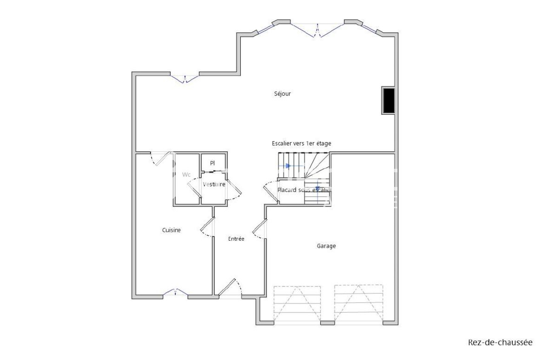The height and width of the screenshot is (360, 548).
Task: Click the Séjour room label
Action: tap(282, 94)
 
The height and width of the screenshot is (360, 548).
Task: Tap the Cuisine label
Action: tap(171, 230)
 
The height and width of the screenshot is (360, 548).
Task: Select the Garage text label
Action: tap(326, 246)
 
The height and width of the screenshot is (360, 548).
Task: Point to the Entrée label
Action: tap(236, 239)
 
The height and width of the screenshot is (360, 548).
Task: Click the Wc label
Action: tap(186, 174)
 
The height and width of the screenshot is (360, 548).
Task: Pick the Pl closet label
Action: tap(212, 163)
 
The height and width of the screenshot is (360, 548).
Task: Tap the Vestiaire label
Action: tap(214, 184)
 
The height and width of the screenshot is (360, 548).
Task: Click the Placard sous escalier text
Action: tap(304, 190)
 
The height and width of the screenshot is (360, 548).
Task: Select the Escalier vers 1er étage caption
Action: tap(301, 144)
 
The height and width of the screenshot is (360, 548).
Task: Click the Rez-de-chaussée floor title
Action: tap(500, 343)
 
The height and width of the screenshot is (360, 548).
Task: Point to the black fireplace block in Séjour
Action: tap(389, 101)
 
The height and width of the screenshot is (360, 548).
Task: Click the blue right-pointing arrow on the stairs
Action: tap(288, 166)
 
